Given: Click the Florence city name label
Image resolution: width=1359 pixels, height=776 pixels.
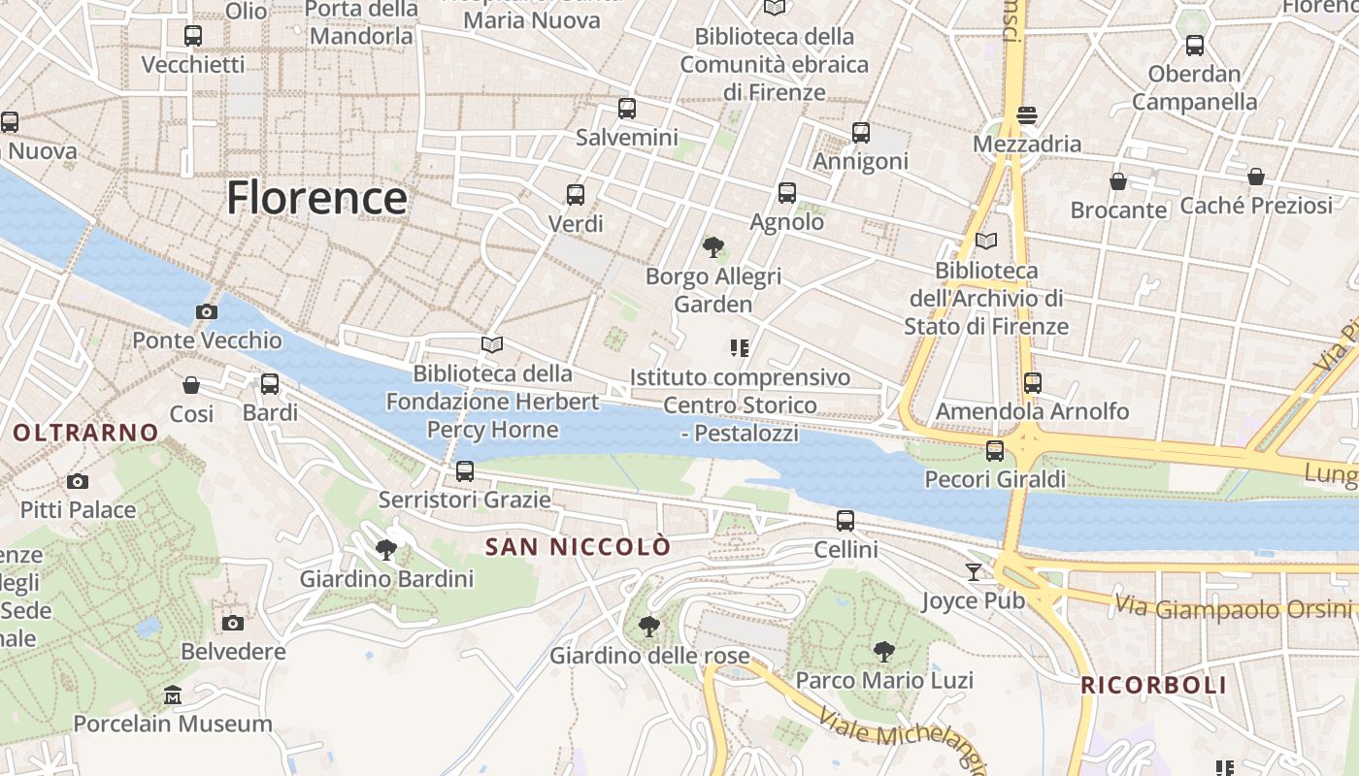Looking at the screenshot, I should pos(316,198).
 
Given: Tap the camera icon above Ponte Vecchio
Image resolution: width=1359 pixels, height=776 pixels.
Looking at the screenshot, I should pos(207,311).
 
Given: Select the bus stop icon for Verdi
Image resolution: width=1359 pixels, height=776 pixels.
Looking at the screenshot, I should pos(576,195).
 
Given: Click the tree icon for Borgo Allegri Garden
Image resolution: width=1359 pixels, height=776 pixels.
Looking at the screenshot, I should pos(713,247).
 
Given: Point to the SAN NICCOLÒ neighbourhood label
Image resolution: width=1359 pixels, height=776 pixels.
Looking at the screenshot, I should pos(578,547).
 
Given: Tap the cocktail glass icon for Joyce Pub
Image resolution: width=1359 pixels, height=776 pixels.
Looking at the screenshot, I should pos(974,571).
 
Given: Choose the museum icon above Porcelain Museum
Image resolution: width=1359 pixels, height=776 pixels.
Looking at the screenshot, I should pos(173,695).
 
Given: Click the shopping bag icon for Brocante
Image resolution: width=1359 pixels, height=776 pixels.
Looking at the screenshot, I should pos(1118,181).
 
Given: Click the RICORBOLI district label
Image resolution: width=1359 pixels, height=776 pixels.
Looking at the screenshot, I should pos(1153,686).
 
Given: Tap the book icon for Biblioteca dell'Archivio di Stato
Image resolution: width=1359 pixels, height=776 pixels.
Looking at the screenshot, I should pos(986,241).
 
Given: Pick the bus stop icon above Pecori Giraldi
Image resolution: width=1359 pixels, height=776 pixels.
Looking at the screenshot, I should pos(995,450).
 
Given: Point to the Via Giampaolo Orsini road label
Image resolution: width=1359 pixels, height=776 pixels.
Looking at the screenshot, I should pos(1233,607).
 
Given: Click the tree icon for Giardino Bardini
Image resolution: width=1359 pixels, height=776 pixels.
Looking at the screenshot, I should pos(386,550).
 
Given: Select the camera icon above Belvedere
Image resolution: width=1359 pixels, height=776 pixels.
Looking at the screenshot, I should pos(233,623).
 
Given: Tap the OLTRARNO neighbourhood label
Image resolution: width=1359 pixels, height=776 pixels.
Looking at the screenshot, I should pos(86,433).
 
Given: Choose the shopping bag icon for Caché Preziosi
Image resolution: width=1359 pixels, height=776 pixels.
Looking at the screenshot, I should pos(1256,177).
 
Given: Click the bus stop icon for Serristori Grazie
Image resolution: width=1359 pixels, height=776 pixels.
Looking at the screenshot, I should pos(465,471).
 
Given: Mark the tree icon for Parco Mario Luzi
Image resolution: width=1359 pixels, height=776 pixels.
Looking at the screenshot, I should pos(883,651).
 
